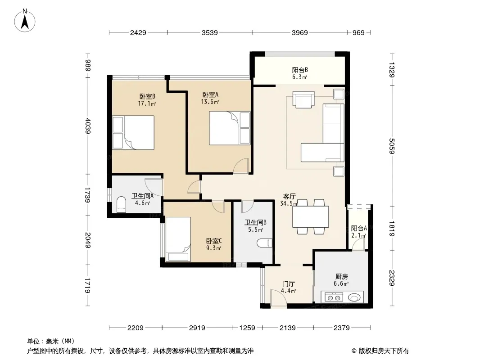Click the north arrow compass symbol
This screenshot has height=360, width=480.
25,21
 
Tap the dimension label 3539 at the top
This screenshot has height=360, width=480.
210,32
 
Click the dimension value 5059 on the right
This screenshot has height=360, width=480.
392,146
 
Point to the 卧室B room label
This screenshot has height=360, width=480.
147,96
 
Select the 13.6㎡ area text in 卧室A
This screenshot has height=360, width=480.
210,102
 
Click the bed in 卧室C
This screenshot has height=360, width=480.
178,239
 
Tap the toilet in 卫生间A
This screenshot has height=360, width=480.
121,204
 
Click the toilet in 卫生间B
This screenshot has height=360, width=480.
265,243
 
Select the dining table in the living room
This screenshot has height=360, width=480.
310,216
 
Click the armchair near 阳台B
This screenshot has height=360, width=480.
303,99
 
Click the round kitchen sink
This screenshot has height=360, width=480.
354,297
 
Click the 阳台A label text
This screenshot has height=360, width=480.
359,228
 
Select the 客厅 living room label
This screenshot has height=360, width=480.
289,196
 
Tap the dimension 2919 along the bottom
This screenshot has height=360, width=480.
197,328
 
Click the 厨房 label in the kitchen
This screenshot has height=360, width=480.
341,276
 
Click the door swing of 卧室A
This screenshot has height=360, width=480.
241,166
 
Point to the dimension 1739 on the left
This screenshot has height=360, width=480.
87,195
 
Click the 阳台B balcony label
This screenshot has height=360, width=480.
300,70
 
